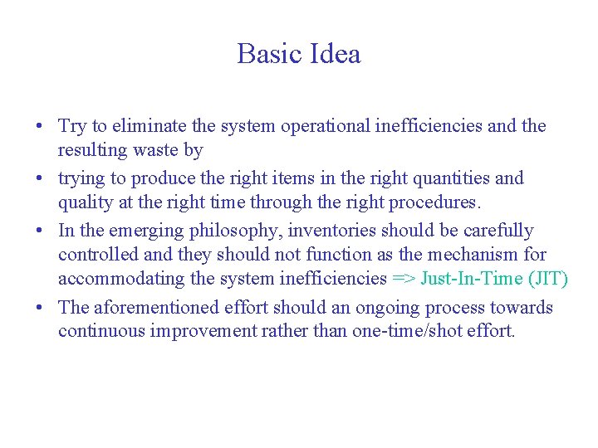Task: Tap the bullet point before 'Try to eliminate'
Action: pyautogui.click(x=40, y=127)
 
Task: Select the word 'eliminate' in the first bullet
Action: pyautogui.click(x=150, y=126)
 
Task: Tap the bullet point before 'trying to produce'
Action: pyautogui.click(x=40, y=179)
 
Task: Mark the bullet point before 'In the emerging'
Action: pyautogui.click(x=40, y=231)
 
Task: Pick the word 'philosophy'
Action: pyautogui.click(x=238, y=231)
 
